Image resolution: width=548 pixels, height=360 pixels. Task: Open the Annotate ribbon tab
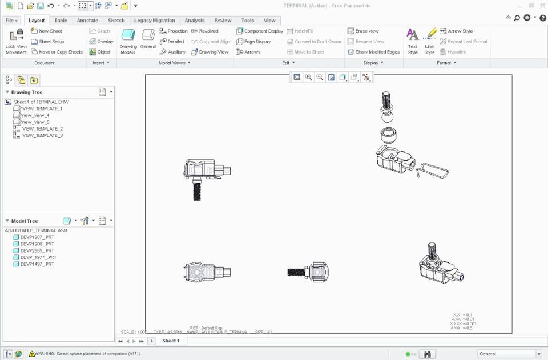pos(87,21)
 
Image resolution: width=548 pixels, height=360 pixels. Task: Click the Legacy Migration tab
pos(154,21)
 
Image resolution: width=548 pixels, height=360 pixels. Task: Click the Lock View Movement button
pos(16,41)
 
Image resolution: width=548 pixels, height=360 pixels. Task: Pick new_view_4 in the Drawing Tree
pos(35,115)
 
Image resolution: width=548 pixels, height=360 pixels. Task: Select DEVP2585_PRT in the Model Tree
pos(37,250)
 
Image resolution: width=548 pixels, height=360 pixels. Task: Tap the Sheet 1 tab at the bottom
pos(171,341)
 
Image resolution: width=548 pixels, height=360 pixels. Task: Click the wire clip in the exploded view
pos(433,170)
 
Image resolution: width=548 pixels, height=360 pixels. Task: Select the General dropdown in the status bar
pos(509,354)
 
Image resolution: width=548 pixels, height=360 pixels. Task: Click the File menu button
pos(11,21)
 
